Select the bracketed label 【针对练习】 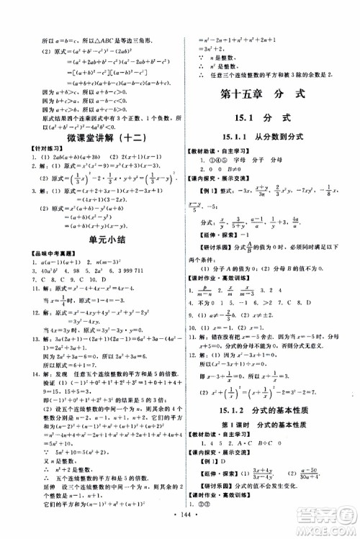pos(37,149)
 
